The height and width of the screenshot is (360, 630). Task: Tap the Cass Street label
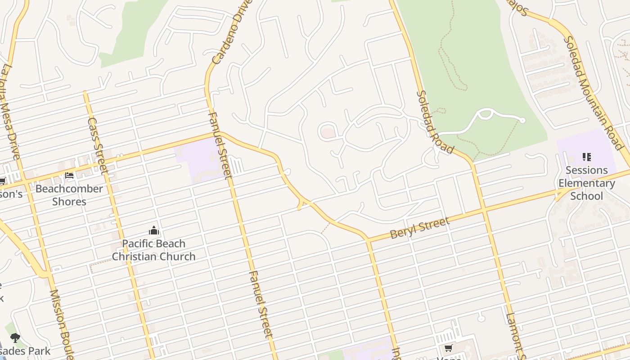[98, 145]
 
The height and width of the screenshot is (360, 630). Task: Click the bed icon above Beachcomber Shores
[69, 175]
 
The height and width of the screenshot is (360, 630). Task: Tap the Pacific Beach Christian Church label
[154, 250]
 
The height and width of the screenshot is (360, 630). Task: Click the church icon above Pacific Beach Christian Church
[154, 231]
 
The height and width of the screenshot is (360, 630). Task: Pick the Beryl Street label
[419, 228]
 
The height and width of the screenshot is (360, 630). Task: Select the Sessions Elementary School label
[586, 183]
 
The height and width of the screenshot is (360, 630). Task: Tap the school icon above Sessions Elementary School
[586, 157]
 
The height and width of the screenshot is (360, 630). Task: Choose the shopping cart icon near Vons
[448, 348]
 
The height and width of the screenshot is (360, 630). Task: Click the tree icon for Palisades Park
[15, 337]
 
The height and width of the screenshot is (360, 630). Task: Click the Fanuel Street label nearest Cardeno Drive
[220, 145]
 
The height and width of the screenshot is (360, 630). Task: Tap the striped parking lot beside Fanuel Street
[236, 165]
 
